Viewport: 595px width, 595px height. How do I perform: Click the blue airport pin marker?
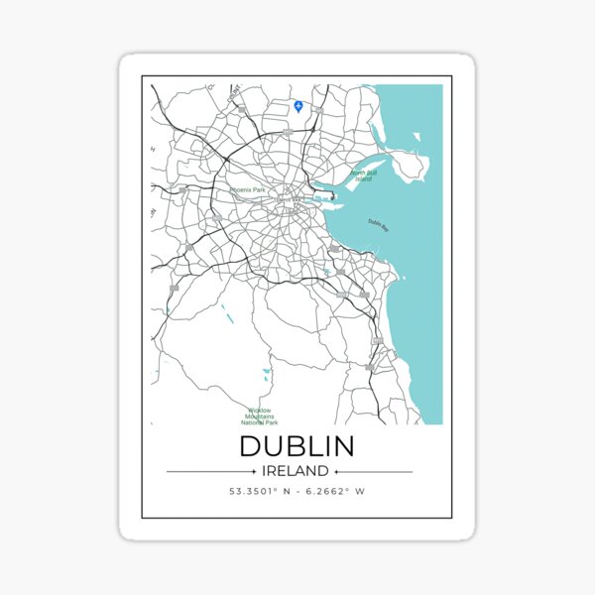(x=298, y=105)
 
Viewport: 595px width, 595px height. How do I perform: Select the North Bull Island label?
(x=362, y=176)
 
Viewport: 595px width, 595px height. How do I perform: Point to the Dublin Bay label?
(x=378, y=224)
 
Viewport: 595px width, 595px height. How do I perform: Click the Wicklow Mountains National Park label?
(x=262, y=416)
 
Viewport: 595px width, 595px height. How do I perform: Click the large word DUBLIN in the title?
(x=297, y=446)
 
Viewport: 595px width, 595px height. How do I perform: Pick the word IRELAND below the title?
(x=297, y=471)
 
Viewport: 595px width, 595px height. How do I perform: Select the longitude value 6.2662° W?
(x=335, y=491)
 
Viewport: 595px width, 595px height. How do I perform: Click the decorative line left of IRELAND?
(x=210, y=471)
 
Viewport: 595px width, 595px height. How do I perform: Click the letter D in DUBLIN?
(x=252, y=446)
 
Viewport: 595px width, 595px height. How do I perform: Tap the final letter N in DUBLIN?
(x=342, y=446)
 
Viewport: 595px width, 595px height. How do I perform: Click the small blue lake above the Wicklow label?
(x=266, y=374)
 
